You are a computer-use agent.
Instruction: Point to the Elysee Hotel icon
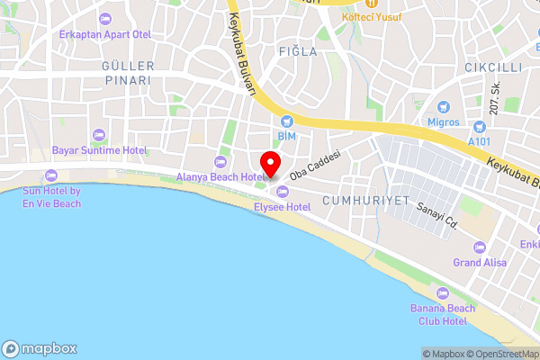[x=283, y=191]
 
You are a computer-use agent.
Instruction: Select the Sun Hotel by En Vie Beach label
[x=52, y=197]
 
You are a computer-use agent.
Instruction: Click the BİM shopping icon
[x=286, y=121]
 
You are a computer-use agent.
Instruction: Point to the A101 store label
[x=481, y=140]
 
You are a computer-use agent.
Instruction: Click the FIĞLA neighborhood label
[x=298, y=51]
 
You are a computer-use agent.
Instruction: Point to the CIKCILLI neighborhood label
[x=493, y=67]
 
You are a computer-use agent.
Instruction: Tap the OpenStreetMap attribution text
[x=499, y=354]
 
